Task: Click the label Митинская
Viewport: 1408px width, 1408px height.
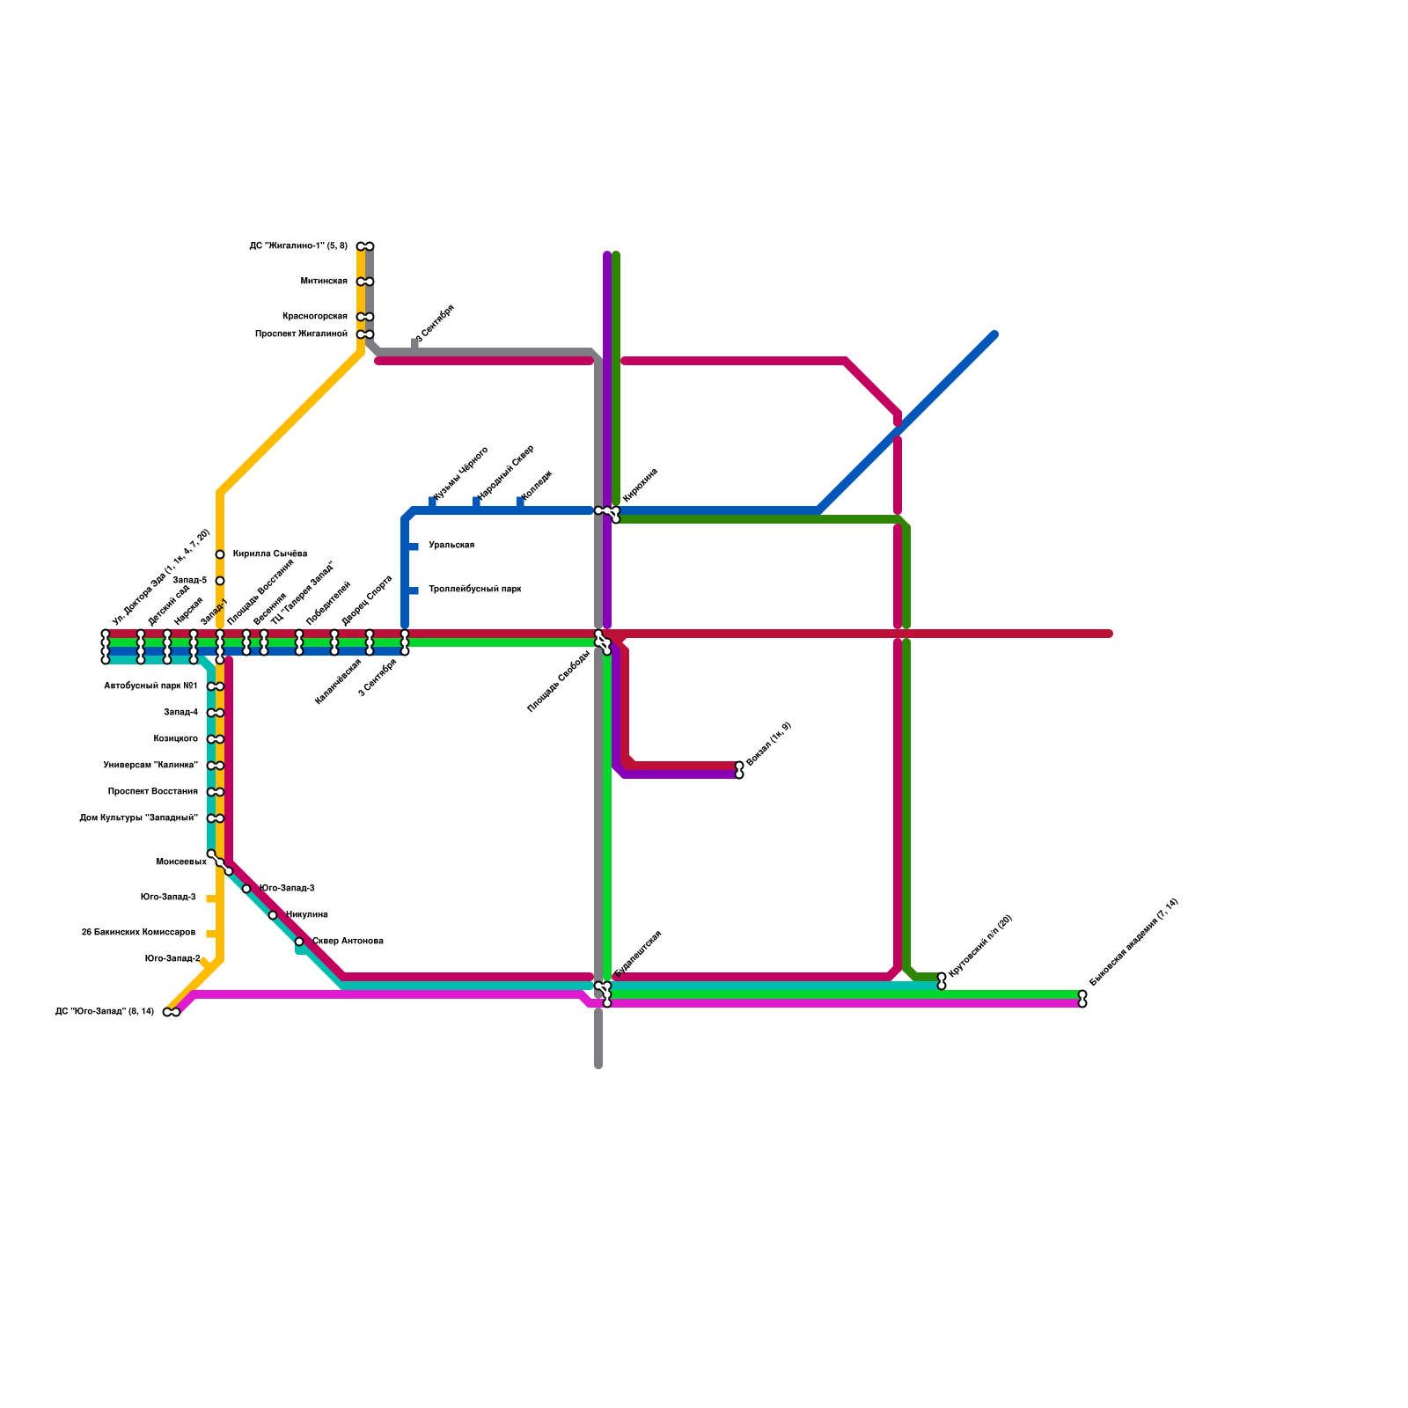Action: (x=324, y=282)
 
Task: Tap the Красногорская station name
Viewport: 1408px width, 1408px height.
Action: (x=314, y=317)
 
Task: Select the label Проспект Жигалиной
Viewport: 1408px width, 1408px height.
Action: (x=301, y=334)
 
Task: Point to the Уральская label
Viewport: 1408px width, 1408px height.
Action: (x=451, y=546)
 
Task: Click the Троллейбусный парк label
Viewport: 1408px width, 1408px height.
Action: (x=474, y=590)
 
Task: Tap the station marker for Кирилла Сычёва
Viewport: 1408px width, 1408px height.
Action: (x=220, y=554)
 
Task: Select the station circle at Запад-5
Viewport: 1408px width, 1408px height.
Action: (x=220, y=581)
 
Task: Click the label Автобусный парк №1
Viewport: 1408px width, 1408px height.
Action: (x=150, y=686)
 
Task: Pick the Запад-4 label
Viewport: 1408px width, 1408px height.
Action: (x=180, y=713)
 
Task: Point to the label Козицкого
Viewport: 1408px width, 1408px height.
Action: (x=175, y=739)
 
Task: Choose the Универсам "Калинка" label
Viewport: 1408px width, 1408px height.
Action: (x=150, y=766)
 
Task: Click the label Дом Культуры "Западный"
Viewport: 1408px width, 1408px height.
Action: (x=138, y=818)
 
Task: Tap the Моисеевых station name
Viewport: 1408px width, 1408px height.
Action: (x=181, y=862)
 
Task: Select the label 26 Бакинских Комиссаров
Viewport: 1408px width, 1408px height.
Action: (x=138, y=933)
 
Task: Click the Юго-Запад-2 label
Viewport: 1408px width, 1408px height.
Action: (x=172, y=959)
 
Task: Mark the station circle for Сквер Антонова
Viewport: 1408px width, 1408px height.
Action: (x=299, y=942)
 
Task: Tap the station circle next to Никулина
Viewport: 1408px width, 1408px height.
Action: (x=273, y=915)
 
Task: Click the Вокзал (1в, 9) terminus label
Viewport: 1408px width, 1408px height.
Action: (x=768, y=744)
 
